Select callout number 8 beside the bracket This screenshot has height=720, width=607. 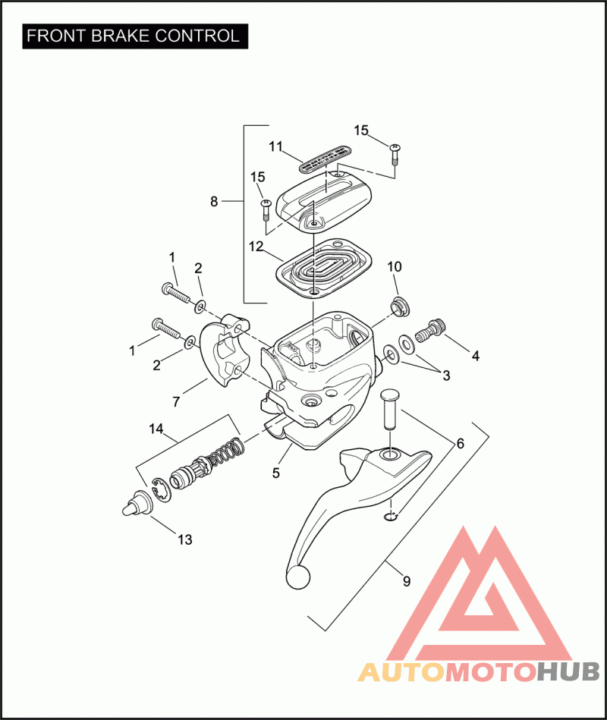point(214,201)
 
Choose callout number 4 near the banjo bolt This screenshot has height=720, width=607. point(475,354)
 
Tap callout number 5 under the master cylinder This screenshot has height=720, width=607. point(276,473)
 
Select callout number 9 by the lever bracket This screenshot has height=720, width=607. point(406,581)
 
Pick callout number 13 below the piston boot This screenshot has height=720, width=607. point(184,540)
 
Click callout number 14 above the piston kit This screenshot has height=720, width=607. point(156,429)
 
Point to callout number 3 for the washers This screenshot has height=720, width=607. point(446,375)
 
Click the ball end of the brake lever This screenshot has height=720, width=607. point(298,576)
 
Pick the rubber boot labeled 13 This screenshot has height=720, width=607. point(135,504)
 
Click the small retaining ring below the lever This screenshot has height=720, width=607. point(390,517)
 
